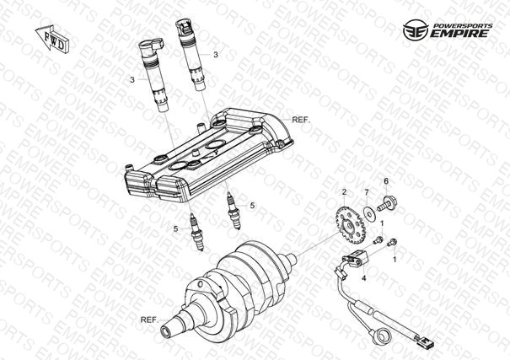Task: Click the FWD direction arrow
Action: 52,39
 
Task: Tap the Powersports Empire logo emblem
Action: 416,30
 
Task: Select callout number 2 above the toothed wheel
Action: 344,192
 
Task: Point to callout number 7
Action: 367,192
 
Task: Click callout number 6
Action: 386,181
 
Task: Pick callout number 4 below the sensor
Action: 364,278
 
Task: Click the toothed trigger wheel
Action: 350,225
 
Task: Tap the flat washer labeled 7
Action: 369,211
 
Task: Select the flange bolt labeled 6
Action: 386,202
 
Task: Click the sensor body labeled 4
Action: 356,256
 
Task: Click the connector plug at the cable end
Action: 423,341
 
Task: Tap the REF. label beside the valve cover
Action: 301,120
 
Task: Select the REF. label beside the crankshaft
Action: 149,320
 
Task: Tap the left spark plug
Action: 196,231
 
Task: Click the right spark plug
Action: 234,211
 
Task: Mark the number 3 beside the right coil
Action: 216,55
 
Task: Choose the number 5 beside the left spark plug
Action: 175,229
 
